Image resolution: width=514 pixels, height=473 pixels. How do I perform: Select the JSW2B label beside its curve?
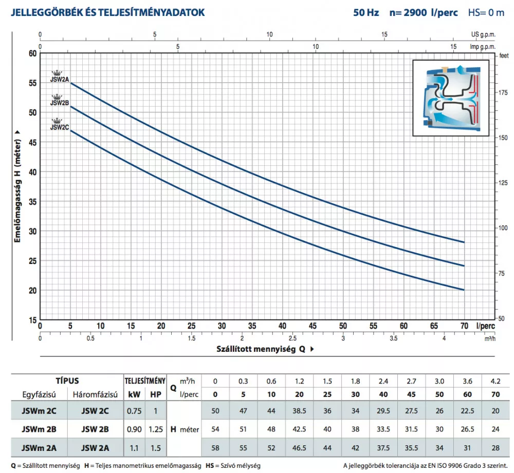(59, 102)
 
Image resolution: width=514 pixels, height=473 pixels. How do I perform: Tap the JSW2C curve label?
(59, 126)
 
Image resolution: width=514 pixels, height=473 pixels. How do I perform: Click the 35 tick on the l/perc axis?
(252, 326)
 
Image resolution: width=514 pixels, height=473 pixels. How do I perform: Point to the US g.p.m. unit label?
(483, 34)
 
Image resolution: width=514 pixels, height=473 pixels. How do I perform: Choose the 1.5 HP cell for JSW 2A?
(155, 448)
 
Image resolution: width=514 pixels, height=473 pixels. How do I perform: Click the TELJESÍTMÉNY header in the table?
(144, 381)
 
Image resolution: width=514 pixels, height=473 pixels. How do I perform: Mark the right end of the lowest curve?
(464, 290)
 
